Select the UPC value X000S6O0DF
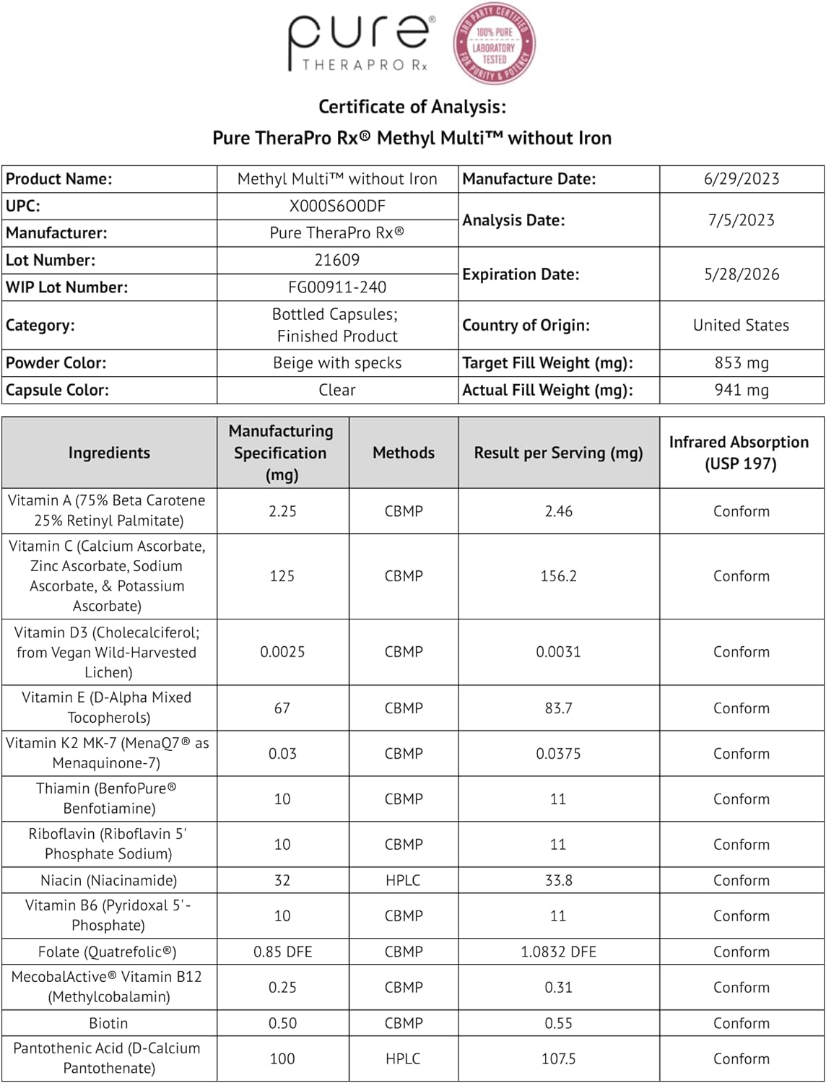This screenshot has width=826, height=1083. coord(337,206)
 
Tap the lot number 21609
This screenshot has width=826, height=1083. coord(337,260)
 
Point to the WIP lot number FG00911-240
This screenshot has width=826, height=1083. coord(337,287)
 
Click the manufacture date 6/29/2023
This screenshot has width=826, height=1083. coord(742,179)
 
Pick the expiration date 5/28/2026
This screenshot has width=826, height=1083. coord(742,274)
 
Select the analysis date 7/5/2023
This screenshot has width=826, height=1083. coord(742,220)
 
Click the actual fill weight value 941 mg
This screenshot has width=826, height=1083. coord(742,390)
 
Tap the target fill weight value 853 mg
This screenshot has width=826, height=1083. coord(742,362)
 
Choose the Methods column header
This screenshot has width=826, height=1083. coord(404,453)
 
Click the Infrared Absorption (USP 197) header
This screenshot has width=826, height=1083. coord(739,453)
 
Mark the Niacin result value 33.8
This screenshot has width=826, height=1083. coord(558,880)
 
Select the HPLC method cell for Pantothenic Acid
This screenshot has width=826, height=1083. coord(403,1058)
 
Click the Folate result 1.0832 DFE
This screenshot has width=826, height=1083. coord(558,952)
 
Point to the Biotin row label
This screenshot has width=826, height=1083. coord(108,1023)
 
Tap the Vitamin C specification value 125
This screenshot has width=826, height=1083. coord(282,576)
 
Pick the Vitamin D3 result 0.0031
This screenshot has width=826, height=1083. coord(558,652)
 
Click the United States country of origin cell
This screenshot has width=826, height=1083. coord(741,326)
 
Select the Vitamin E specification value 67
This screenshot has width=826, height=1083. coord(282,708)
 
